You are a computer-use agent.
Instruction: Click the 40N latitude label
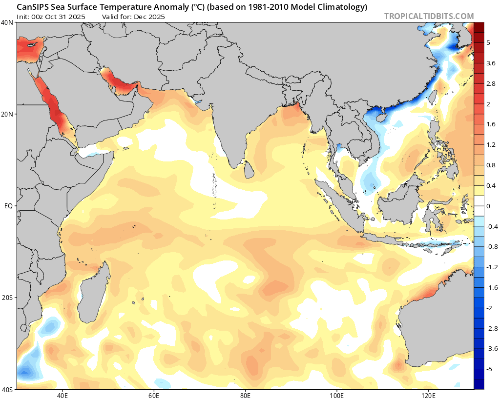(x=7, y=22)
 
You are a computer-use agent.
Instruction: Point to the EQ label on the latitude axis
(x=8, y=206)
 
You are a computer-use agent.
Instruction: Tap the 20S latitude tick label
(x=7, y=298)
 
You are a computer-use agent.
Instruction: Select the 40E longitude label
(x=62, y=394)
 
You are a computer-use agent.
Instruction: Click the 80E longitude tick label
(x=246, y=394)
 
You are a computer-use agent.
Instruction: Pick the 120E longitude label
(x=428, y=394)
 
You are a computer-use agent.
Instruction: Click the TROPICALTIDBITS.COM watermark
(x=429, y=16)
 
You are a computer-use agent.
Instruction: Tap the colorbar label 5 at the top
(x=488, y=43)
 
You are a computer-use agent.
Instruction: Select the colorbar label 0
(x=488, y=206)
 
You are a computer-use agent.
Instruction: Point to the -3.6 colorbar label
(x=491, y=348)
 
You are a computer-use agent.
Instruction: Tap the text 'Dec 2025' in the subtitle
(x=151, y=17)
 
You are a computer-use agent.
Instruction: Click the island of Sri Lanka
(x=249, y=170)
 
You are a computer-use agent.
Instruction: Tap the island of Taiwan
(x=432, y=97)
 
